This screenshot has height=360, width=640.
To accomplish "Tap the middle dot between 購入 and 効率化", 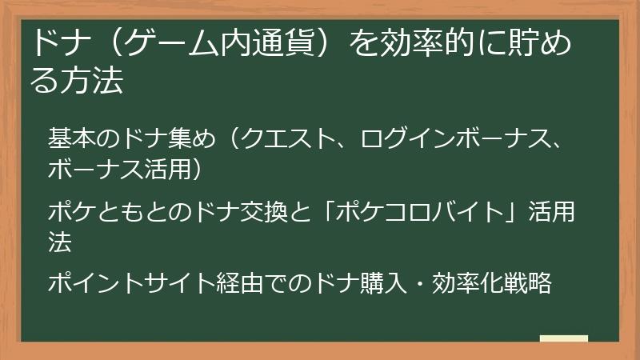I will (x=422, y=284).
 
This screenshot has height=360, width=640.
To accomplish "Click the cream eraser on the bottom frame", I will (x=564, y=338).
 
